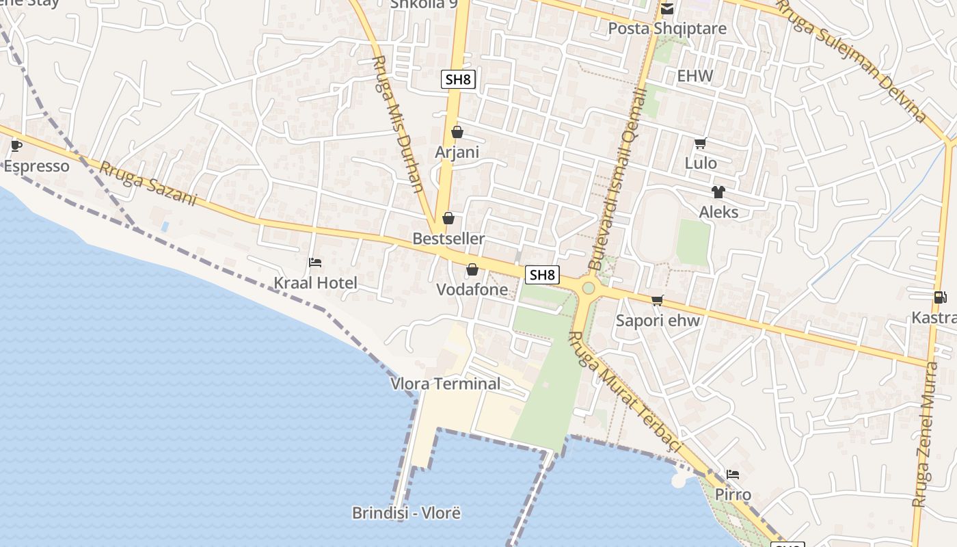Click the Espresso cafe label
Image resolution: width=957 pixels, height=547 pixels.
pyautogui.click(x=37, y=166)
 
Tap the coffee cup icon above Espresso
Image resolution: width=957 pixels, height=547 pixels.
pyautogui.click(x=16, y=146)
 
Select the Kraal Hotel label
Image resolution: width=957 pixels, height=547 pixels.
pyautogui.click(x=315, y=282)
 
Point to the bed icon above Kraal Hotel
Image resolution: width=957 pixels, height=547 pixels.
pyautogui.click(x=315, y=262)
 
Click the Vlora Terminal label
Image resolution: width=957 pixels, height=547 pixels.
pyautogui.click(x=445, y=384)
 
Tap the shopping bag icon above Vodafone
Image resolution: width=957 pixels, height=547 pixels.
pyautogui.click(x=472, y=270)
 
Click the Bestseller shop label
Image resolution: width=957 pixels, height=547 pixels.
pyautogui.click(x=448, y=239)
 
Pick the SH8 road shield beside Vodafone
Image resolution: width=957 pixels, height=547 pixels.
pyautogui.click(x=542, y=275)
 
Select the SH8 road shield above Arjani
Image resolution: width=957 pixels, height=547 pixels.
pyautogui.click(x=458, y=79)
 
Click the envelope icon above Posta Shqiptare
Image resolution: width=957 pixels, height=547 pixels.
pyautogui.click(x=666, y=9)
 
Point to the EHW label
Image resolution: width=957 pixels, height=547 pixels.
pyautogui.click(x=695, y=76)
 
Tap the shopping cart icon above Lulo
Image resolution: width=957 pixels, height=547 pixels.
pyautogui.click(x=700, y=144)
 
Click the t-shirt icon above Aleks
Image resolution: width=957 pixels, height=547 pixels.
pyautogui.click(x=718, y=192)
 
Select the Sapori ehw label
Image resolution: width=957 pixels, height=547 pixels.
pyautogui.click(x=658, y=321)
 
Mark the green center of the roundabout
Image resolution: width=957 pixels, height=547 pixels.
pyautogui.click(x=588, y=289)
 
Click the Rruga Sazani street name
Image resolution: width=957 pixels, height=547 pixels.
pyautogui.click(x=148, y=183)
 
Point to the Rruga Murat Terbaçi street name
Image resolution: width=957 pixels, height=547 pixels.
pyautogui.click(x=625, y=391)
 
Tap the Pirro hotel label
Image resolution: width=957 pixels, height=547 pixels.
pyautogui.click(x=733, y=494)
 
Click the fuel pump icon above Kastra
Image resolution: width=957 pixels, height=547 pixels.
pyautogui.click(x=940, y=297)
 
